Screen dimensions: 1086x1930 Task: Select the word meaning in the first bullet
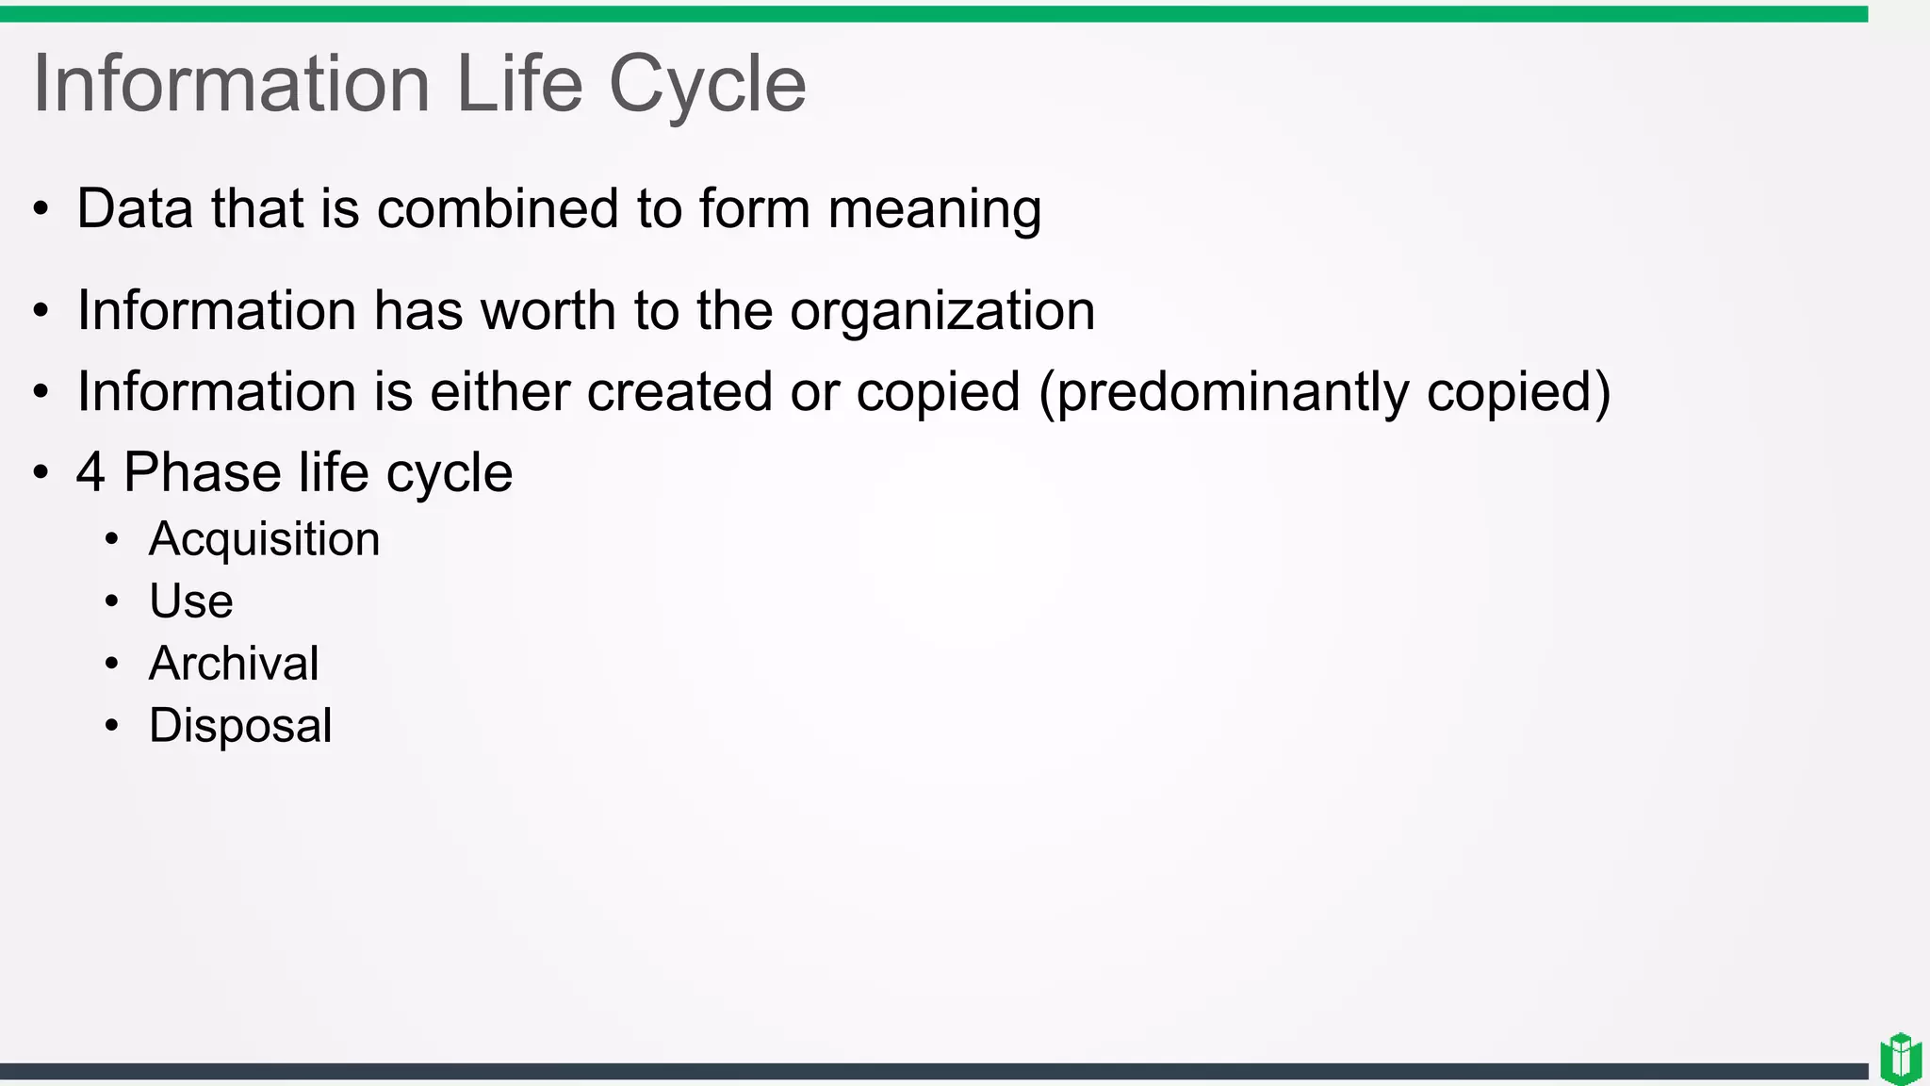coord(934,210)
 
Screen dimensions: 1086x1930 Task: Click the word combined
coord(498,208)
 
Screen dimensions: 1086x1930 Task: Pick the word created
coord(679,391)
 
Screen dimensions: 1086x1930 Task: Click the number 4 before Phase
coord(90,472)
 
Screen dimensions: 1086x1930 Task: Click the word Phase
coord(202,472)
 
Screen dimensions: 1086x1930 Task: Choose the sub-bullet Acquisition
coord(264,540)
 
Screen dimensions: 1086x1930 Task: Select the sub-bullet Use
coord(190,601)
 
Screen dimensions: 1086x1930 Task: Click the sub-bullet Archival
coord(234,663)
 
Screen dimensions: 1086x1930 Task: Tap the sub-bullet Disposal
coord(240,726)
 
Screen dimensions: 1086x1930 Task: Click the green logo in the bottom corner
coord(1901,1059)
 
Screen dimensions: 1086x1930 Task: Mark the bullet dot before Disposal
coord(112,726)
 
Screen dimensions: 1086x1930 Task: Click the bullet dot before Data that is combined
coord(41,209)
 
